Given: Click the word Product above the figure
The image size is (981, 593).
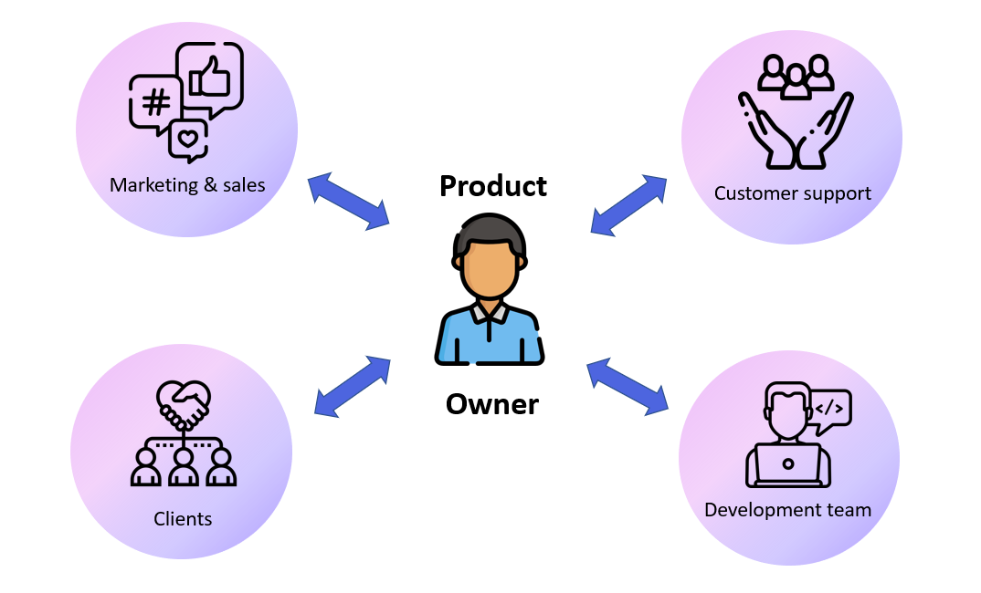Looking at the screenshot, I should (x=492, y=185).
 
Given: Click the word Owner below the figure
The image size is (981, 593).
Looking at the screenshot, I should (x=491, y=403).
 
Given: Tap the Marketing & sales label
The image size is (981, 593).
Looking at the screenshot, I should (x=187, y=185).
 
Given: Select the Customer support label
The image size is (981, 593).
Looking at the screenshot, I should (x=792, y=193).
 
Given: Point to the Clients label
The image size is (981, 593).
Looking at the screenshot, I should (x=183, y=519).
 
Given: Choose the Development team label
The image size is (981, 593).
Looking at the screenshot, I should (x=787, y=510).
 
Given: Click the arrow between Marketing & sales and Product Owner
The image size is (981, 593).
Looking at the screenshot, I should (x=348, y=200).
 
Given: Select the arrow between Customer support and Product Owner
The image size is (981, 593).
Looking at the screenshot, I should (x=628, y=204).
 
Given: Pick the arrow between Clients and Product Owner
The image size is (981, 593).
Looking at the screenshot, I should (x=353, y=387).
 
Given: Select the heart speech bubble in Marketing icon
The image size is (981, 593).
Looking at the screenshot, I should (x=188, y=140).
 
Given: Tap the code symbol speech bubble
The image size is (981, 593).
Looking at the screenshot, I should (x=829, y=407).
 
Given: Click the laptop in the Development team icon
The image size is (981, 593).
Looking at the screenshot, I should (x=787, y=463).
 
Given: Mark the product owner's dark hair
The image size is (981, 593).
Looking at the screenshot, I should (x=490, y=232).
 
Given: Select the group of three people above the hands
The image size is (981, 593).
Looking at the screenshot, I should (x=796, y=78).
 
